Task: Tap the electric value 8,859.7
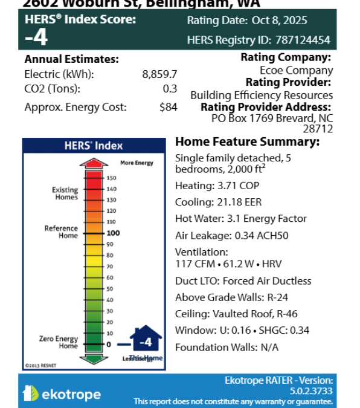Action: click(159, 74)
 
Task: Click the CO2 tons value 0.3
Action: click(170, 88)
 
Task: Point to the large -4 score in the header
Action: click(36, 38)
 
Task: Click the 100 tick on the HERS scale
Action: click(112, 233)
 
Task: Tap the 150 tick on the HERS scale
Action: click(112, 178)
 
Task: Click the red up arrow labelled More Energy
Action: click(94, 164)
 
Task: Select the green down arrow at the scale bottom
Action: click(94, 358)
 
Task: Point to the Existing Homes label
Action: click(65, 193)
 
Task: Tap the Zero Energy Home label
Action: click(59, 343)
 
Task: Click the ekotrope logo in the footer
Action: click(62, 394)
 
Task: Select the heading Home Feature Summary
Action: click(247, 141)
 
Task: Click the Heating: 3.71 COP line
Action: click(218, 186)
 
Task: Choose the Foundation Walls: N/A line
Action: click(227, 347)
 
